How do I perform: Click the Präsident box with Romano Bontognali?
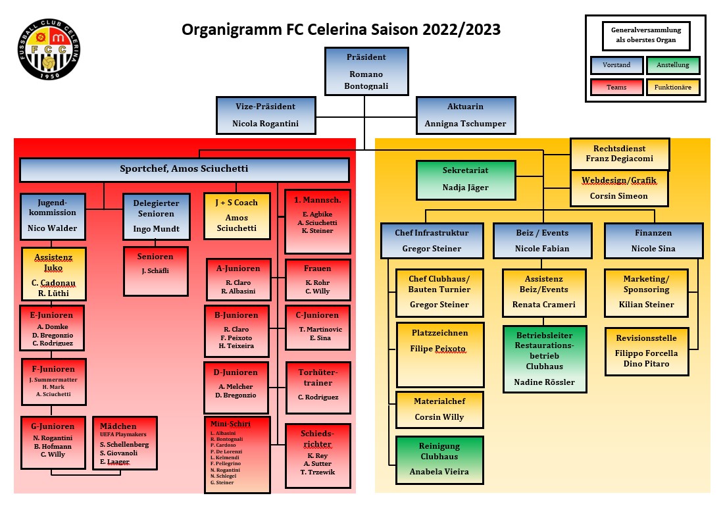[367, 71]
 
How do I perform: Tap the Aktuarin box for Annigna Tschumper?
[465, 114]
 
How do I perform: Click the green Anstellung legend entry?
[672, 65]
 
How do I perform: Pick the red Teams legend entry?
[616, 87]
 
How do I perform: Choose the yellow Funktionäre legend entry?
[672, 87]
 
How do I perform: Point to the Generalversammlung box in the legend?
[645, 35]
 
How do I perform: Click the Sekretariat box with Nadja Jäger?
[466, 179]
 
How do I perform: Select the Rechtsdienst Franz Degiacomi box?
[620, 154]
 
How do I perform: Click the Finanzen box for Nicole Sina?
[653, 240]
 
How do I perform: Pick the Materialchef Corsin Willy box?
[439, 409]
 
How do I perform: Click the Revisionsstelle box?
[647, 351]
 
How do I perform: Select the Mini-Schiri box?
[237, 454]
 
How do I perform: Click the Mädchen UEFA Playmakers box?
[125, 443]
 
